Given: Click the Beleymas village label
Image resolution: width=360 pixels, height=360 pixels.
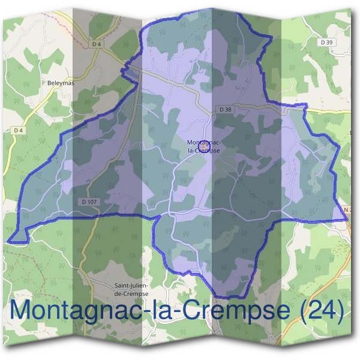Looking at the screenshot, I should coord(61,83).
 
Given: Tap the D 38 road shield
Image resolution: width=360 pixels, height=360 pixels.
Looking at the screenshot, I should coord(225,109).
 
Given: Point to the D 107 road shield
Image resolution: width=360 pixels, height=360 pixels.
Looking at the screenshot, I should coord(89,202).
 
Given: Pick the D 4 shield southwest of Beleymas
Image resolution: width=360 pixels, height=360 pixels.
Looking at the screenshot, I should coord(17,130).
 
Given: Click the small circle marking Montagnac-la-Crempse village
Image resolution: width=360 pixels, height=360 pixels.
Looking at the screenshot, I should coord(203,145).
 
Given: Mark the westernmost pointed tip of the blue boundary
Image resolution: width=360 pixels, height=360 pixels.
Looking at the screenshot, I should coord(8,241).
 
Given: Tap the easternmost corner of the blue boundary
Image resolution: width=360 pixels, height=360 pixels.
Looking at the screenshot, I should coord(347,220).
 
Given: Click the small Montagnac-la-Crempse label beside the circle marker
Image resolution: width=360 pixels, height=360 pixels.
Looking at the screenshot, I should coord(204,150).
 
